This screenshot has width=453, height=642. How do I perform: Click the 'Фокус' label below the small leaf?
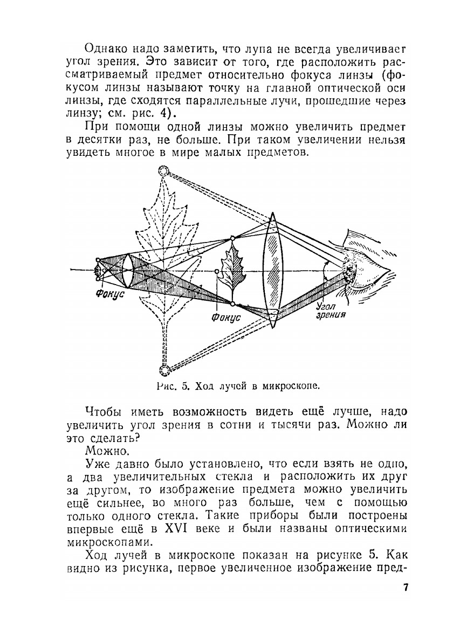(x=225, y=317)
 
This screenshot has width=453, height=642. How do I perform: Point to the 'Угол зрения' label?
(x=328, y=309)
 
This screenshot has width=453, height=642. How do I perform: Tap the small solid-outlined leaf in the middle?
(x=233, y=270)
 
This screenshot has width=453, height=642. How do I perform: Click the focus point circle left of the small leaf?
(x=216, y=271)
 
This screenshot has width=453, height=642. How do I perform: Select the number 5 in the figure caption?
(x=183, y=386)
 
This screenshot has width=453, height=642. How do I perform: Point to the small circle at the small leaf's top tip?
(x=232, y=238)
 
